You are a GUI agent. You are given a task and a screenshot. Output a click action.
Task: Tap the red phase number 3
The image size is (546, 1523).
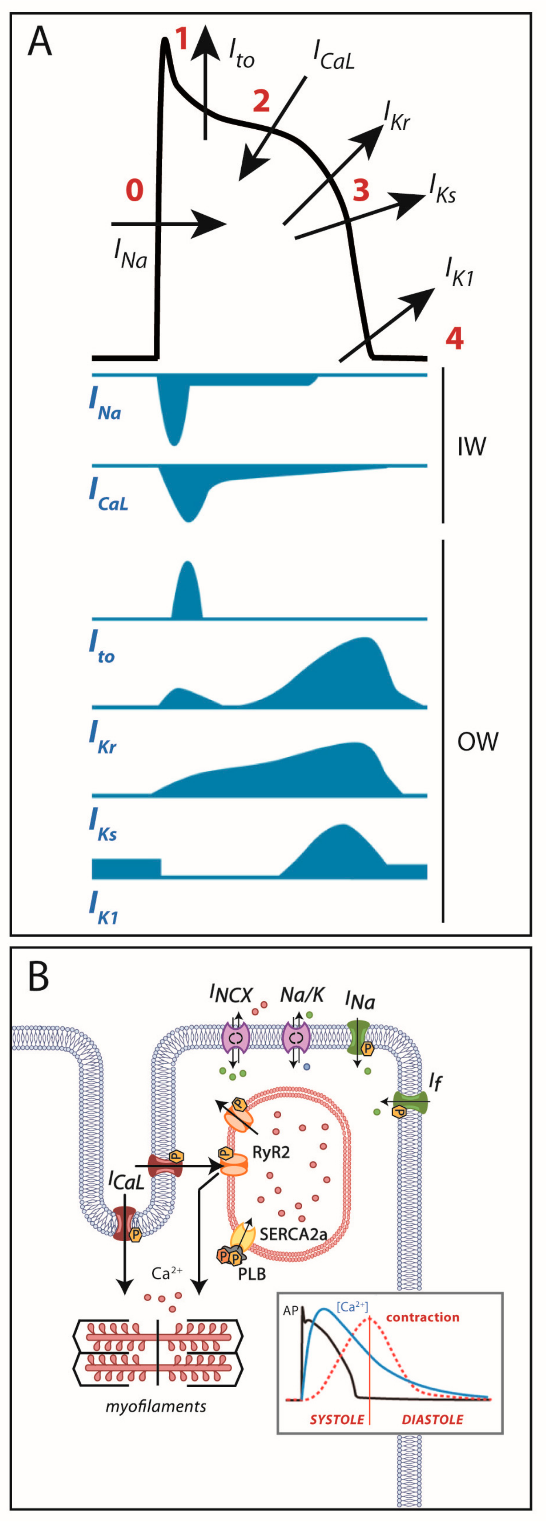click(361, 190)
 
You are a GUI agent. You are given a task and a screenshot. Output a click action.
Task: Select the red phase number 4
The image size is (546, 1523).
click(454, 339)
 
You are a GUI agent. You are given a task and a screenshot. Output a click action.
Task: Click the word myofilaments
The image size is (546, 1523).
click(156, 1406)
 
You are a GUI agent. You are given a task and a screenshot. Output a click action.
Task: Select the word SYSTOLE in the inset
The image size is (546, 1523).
click(337, 1420)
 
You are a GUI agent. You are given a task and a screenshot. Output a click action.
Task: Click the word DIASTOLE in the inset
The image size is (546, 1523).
click(432, 1420)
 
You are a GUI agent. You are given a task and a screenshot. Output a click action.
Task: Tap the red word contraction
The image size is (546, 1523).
click(422, 1317)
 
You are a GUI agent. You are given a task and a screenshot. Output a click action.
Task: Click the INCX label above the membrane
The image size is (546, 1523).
click(231, 995)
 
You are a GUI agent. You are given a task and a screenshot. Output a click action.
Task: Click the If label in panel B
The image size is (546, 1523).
click(435, 1081)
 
